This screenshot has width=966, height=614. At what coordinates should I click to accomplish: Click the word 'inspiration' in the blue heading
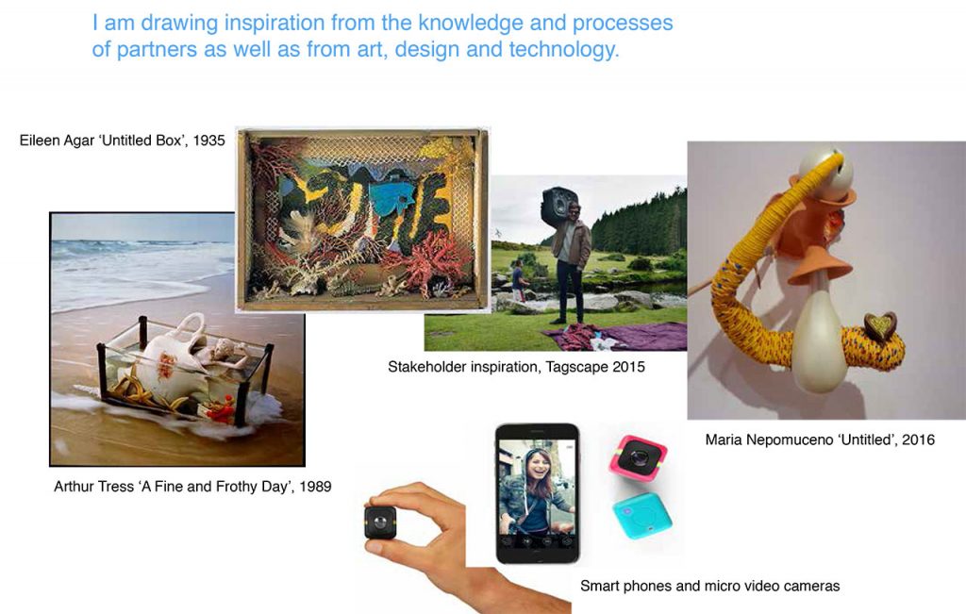pos(274,23)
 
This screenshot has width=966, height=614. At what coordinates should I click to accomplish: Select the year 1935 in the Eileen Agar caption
pos(208,141)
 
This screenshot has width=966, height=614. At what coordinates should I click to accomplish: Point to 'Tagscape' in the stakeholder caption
pos(576,367)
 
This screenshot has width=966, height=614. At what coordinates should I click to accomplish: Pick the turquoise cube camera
pos(641,515)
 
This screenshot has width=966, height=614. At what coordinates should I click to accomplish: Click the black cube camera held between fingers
pos(380,523)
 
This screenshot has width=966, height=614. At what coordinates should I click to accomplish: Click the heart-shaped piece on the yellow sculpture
pos(880,326)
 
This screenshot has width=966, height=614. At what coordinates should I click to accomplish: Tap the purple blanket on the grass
pos(616,337)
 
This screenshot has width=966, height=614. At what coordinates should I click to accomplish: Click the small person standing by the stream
pos(520,281)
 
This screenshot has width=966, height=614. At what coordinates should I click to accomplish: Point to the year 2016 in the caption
pos(918,440)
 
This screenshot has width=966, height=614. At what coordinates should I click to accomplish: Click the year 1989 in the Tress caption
pos(315,487)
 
